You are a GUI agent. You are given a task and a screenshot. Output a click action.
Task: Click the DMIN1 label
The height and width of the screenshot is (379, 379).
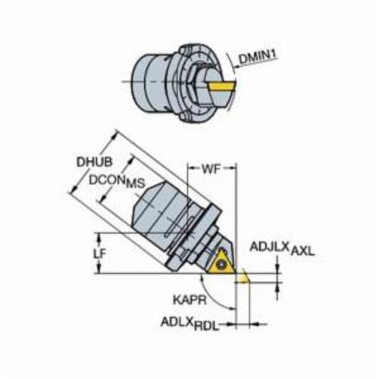pos(258,57)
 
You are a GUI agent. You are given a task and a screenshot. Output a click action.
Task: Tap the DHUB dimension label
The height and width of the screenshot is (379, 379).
pos(95,162)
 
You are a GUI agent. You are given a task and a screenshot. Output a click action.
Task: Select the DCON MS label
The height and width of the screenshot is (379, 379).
pos(117,181)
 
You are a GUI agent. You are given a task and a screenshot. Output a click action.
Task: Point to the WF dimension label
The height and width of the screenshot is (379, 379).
pos(211,169)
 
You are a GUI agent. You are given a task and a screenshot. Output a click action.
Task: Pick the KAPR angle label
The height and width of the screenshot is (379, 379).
pos(189,300)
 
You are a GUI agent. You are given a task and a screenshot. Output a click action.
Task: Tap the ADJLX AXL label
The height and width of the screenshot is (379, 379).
pos(282,249)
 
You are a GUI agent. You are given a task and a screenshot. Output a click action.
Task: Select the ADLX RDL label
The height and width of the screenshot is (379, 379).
pos(189,324)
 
